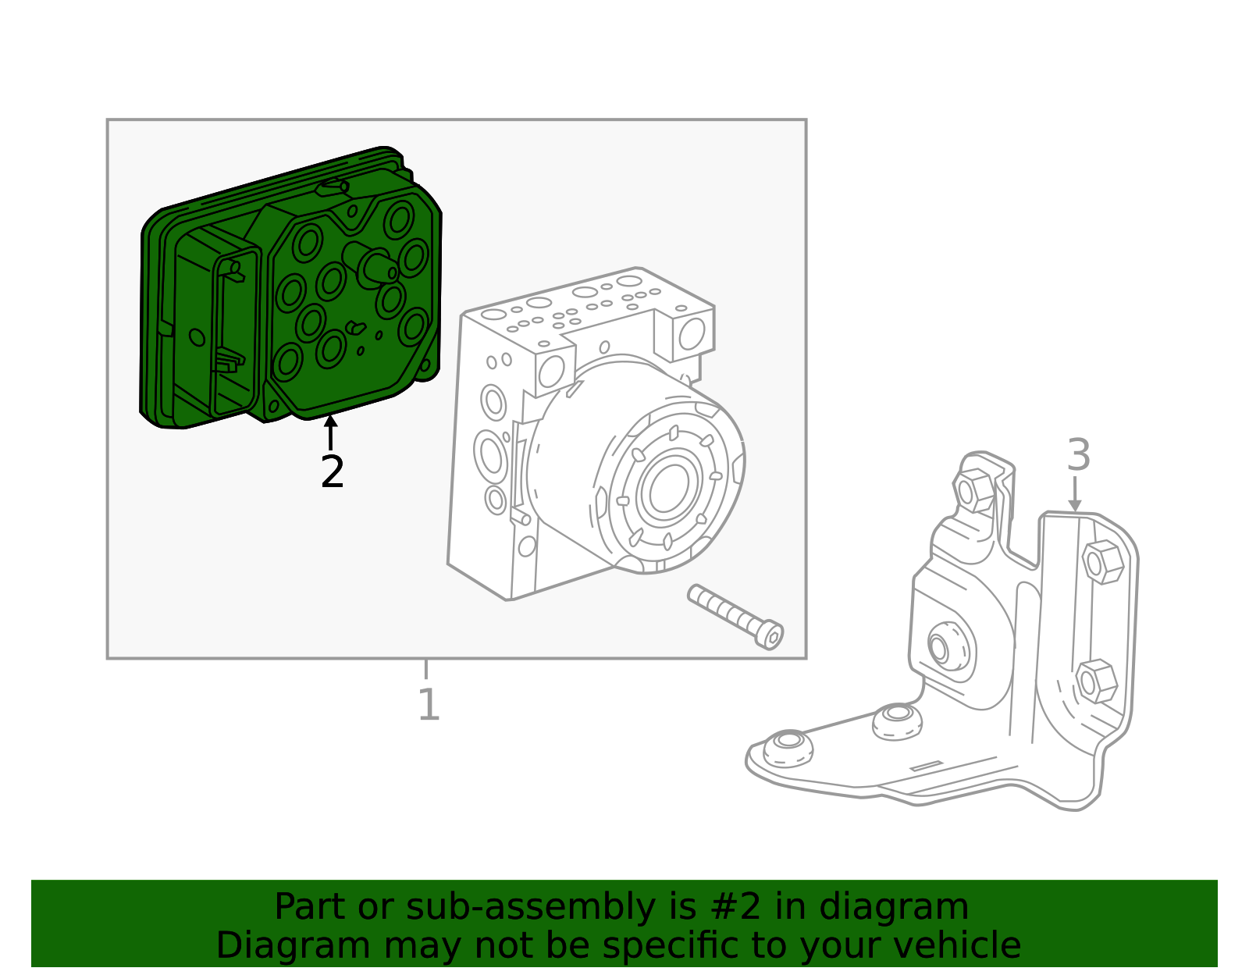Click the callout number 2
click(332, 473)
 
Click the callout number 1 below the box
click(429, 705)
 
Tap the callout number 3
click(1078, 456)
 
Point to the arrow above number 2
click(331, 431)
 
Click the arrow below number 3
click(1075, 495)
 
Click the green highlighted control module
click(289, 289)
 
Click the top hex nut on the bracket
click(973, 491)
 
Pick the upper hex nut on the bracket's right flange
click(1103, 561)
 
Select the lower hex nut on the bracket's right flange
click(1095, 681)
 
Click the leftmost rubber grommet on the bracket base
click(788, 747)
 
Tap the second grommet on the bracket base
click(897, 719)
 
